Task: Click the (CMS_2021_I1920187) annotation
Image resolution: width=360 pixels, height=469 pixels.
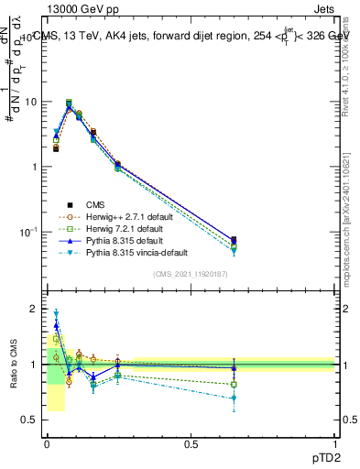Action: pyautogui.click(x=191, y=274)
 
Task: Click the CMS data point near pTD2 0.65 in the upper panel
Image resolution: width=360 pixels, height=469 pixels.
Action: pyautogui.click(x=234, y=240)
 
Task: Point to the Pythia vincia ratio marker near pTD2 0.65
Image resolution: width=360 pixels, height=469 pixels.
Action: pyautogui.click(x=234, y=398)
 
